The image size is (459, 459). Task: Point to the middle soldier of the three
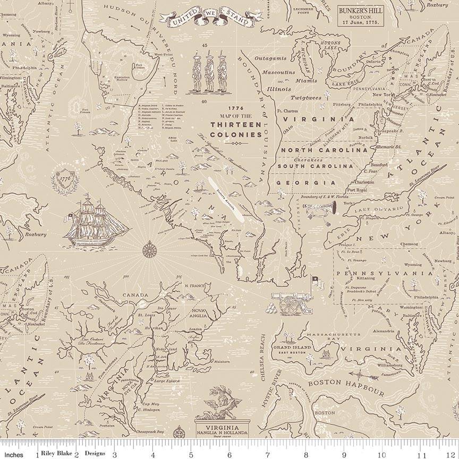[208, 71]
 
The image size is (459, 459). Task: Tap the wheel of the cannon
[290, 304]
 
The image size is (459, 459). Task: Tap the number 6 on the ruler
[229, 455]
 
